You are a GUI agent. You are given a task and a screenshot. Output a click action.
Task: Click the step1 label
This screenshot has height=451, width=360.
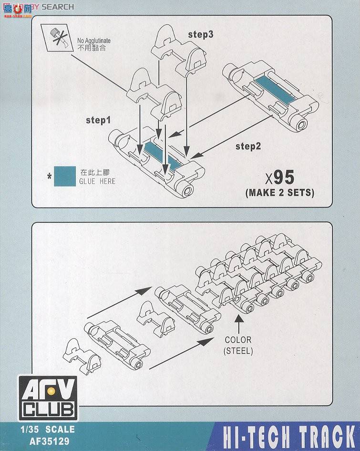[98, 120]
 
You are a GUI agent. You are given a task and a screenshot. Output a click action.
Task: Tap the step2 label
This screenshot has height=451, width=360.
[248, 146]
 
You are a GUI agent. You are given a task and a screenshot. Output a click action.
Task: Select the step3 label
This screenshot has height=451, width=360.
[200, 34]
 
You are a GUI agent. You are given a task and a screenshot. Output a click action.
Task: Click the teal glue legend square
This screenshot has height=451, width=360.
[65, 176]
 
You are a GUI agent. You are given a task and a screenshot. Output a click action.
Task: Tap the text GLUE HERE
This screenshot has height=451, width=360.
[97, 181]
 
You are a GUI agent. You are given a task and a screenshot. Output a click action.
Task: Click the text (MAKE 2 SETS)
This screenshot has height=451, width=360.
[279, 193]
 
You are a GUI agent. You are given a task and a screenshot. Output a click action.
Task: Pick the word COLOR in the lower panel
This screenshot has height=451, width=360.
[238, 341]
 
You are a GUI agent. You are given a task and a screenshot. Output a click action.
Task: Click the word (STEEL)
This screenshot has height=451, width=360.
[238, 351]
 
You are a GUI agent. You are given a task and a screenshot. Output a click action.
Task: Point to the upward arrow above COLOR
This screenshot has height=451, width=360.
[238, 325]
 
